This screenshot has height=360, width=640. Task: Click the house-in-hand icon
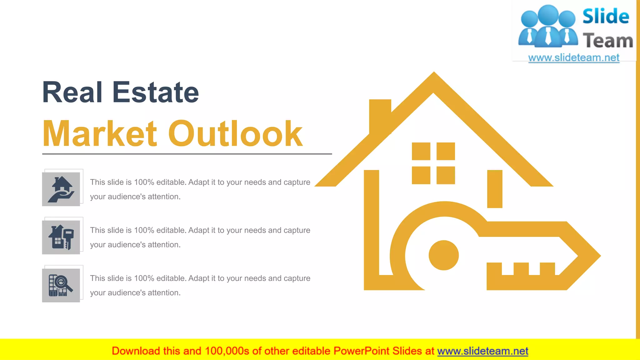click(61, 189)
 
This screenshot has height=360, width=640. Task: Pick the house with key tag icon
click(61, 237)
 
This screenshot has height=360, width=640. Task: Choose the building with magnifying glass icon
click(61, 285)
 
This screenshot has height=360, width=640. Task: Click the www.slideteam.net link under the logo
click(573, 57)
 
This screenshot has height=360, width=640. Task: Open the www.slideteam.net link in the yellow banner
click(482, 351)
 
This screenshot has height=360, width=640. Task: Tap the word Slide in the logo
click(606, 16)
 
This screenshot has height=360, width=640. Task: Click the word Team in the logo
click(608, 41)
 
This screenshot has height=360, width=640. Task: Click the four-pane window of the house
click(433, 163)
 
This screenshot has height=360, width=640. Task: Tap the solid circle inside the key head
click(443, 255)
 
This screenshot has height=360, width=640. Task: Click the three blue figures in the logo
click(548, 27)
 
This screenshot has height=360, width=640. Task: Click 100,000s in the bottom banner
click(227, 351)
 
